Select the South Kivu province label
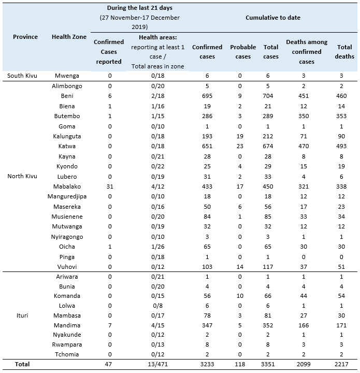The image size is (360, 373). pyautogui.click(x=25, y=76)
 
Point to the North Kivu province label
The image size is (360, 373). pyautogui.click(x=25, y=176)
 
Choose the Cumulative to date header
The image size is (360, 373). pyautogui.click(x=272, y=18)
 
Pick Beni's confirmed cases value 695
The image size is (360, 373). pyautogui.click(x=207, y=96)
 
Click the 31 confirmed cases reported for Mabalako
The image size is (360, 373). pyautogui.click(x=109, y=187)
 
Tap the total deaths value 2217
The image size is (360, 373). pyautogui.click(x=344, y=365)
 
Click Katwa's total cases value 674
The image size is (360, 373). pyautogui.click(x=271, y=147)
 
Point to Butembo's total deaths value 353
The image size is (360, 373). pyautogui.click(x=344, y=117)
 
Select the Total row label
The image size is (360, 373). pyautogui.click(x=22, y=365)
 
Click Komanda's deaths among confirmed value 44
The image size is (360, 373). pyautogui.click(x=307, y=295)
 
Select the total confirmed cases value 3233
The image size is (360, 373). pyautogui.click(x=207, y=365)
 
